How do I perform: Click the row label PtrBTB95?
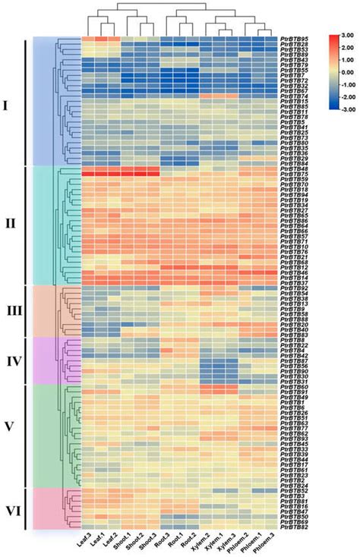click(x=293, y=38)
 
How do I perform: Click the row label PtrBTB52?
click(x=293, y=491)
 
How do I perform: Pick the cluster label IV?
click(x=13, y=360)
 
